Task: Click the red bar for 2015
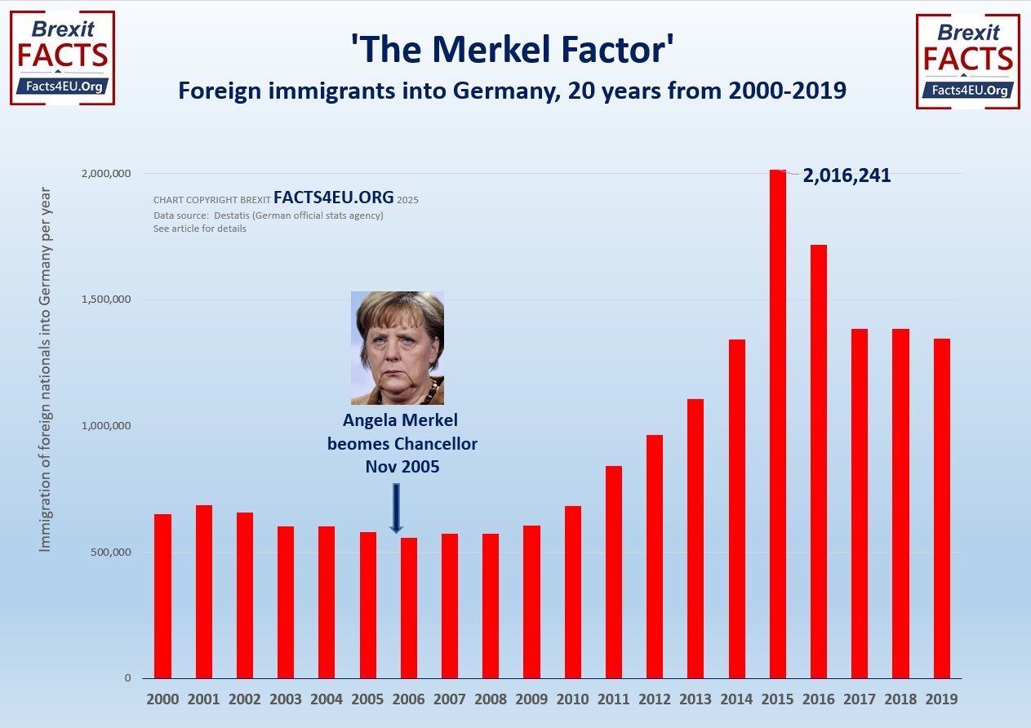pyautogui.click(x=777, y=424)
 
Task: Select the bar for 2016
pyautogui.click(x=818, y=461)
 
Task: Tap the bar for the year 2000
pyautogui.click(x=162, y=596)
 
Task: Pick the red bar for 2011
pyautogui.click(x=613, y=571)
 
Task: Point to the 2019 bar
pyautogui.click(x=941, y=508)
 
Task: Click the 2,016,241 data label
pyautogui.click(x=847, y=175)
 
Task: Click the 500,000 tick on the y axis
pyautogui.click(x=109, y=553)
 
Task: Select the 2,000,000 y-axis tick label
pyautogui.click(x=104, y=174)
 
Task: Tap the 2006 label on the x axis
pyautogui.click(x=408, y=699)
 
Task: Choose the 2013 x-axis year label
pyautogui.click(x=695, y=699)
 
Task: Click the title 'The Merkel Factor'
pyautogui.click(x=513, y=49)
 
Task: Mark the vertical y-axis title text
pyautogui.click(x=45, y=369)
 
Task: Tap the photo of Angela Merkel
pyautogui.click(x=398, y=348)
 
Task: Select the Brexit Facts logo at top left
pyautogui.click(x=62, y=58)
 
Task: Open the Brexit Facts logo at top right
pyautogui.click(x=968, y=61)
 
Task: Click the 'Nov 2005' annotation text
pyautogui.click(x=402, y=467)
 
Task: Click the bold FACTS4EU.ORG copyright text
pyautogui.click(x=334, y=198)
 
